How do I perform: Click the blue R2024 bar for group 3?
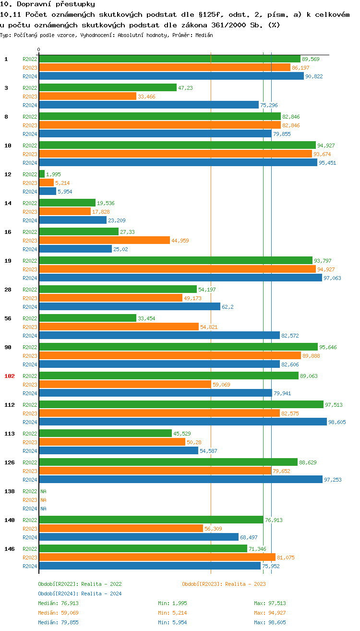[x=149, y=105]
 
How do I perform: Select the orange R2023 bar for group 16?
[x=104, y=241]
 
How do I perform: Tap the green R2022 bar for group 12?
[x=42, y=174]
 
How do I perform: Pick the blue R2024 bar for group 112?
[x=183, y=422]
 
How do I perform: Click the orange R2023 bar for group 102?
[x=125, y=385]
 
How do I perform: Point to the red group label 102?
[x=10, y=376]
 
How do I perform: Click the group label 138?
[x=10, y=491]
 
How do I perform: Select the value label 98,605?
[x=337, y=422]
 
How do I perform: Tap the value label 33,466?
[x=146, y=97]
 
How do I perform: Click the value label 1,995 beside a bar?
[x=53, y=174]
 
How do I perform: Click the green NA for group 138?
[x=43, y=491]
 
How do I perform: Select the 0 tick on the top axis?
[x=39, y=49]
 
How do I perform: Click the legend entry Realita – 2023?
[x=224, y=584]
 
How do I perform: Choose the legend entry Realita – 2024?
[x=80, y=594]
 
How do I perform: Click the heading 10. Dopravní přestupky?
[x=48, y=4]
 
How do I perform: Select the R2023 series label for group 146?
[x=30, y=558]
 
